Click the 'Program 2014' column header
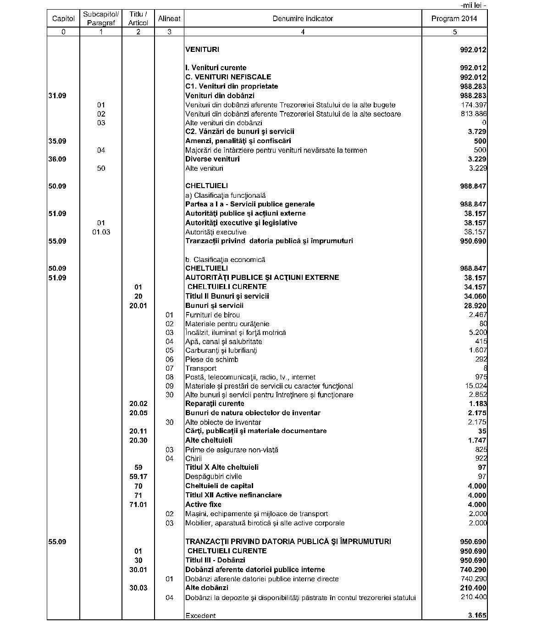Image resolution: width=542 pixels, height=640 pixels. [x=454, y=19]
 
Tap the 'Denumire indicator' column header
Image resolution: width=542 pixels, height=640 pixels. [x=303, y=19]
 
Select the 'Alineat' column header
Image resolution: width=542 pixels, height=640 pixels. [x=169, y=19]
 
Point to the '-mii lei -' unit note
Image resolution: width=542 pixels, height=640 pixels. [x=472, y=6]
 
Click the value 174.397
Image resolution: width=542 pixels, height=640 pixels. [x=473, y=105]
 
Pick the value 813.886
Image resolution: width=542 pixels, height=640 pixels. [x=473, y=114]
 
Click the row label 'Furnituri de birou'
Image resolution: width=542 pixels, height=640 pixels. [x=212, y=315]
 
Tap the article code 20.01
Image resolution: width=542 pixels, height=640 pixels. [x=138, y=306]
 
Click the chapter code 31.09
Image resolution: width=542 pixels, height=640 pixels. [x=57, y=95]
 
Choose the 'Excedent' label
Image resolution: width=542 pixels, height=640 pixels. [x=200, y=616]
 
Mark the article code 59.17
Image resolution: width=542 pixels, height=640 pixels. [x=138, y=476]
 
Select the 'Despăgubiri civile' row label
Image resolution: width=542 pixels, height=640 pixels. [x=213, y=476]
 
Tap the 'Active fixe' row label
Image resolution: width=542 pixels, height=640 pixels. [x=203, y=504]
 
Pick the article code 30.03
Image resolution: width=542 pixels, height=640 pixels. [x=138, y=588]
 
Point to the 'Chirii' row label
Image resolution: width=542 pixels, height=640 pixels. [x=193, y=458]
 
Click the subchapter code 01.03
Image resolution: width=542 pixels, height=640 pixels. [x=101, y=232]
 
